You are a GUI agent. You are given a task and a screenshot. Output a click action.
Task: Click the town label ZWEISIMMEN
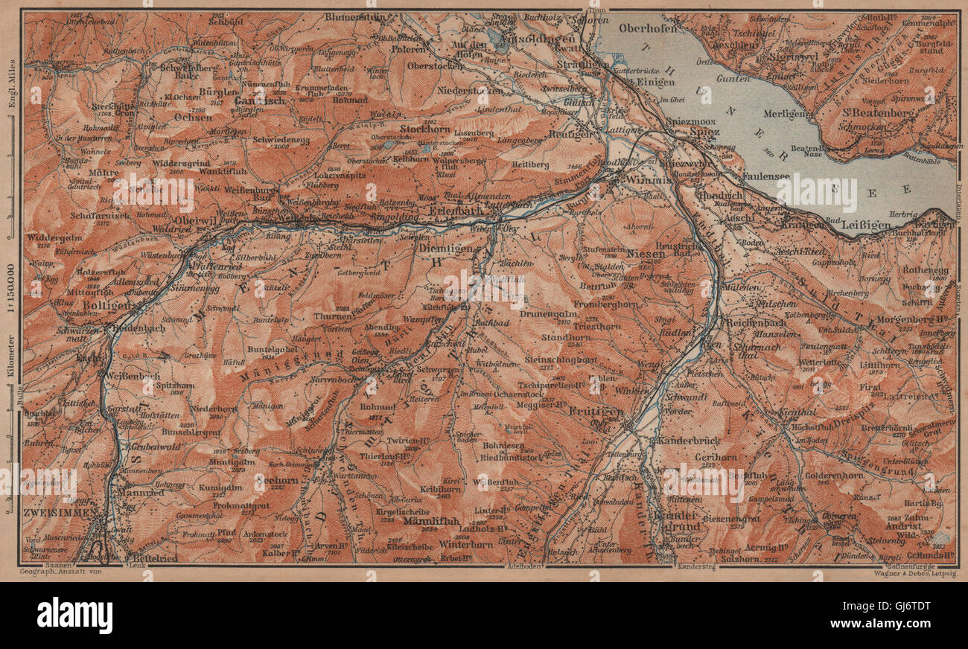tap(59, 513)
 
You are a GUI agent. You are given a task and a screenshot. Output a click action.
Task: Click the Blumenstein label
tap(356, 17)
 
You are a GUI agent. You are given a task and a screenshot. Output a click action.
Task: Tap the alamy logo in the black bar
tap(74, 616)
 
